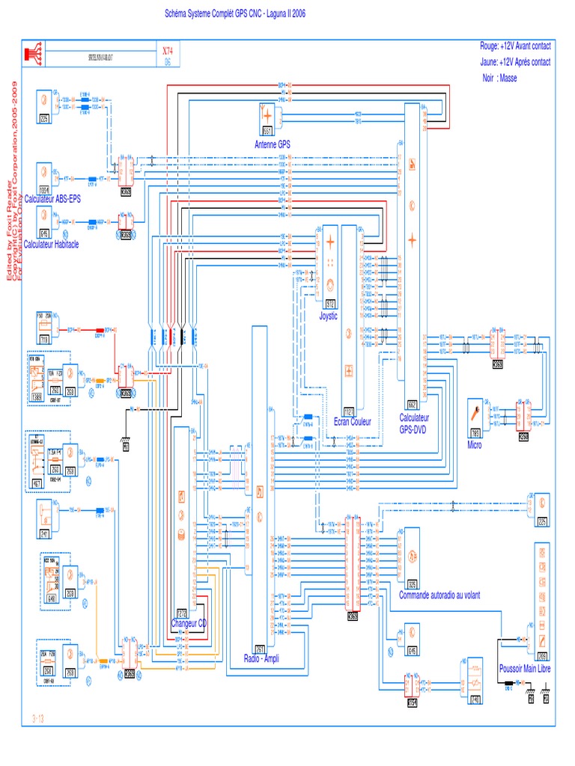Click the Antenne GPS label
(x=273, y=144)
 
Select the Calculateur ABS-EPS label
(x=52, y=199)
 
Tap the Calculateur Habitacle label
(x=51, y=245)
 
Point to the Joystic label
(x=329, y=316)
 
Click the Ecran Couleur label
(x=353, y=421)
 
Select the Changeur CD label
(x=189, y=623)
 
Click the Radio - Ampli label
(x=262, y=658)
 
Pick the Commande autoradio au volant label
(x=439, y=595)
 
